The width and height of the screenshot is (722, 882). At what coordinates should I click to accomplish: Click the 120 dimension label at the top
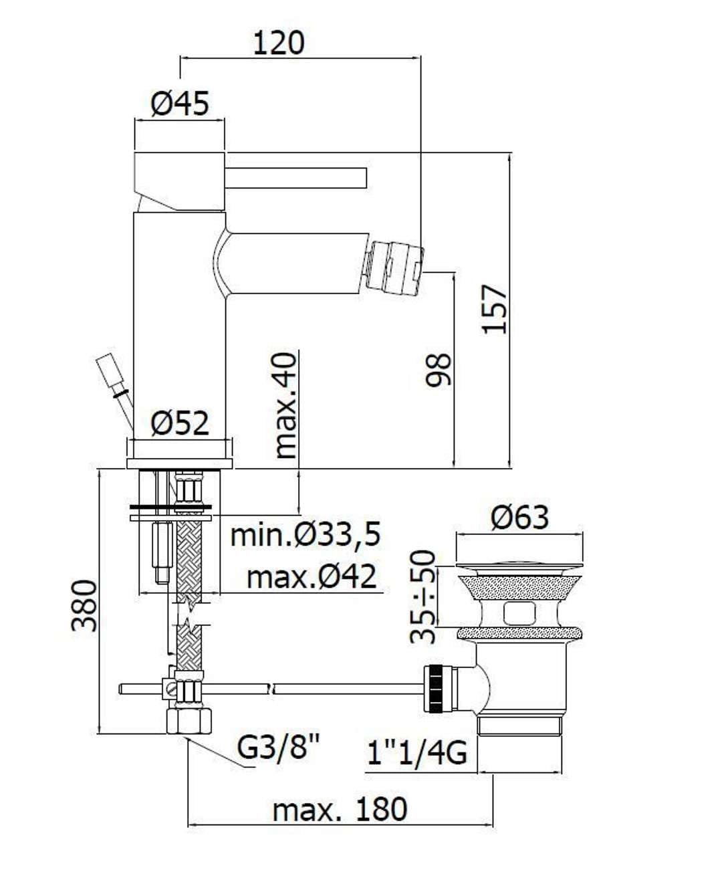pos(279,43)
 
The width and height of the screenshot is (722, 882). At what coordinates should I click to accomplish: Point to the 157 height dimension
pos(495,309)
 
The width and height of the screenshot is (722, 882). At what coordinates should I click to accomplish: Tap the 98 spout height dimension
pos(439,370)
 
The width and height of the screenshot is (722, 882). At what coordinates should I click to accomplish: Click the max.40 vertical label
pos(286,405)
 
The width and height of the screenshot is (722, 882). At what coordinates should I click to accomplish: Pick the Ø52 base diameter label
pos(180,423)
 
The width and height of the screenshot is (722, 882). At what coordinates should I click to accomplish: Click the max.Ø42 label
pos(312,577)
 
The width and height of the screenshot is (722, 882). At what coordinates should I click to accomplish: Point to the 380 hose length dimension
pos(84,606)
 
